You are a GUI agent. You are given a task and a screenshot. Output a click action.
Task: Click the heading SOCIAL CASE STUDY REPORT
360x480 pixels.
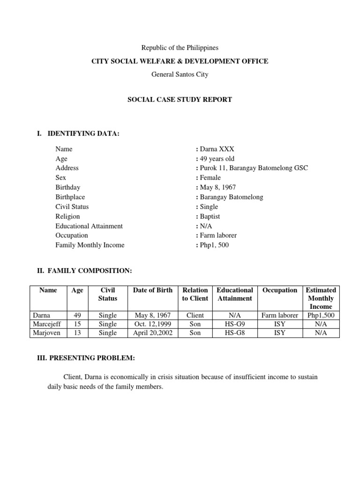[180, 99]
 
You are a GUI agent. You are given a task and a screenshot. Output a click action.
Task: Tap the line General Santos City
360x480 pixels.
[180, 74]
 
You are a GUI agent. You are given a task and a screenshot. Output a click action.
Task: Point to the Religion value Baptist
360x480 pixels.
[210, 217]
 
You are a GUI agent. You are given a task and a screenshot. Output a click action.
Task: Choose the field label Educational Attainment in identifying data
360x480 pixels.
[89, 226]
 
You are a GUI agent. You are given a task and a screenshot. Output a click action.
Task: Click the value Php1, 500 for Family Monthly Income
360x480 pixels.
[214, 245]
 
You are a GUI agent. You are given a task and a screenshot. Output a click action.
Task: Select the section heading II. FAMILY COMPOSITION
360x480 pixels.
[84, 271]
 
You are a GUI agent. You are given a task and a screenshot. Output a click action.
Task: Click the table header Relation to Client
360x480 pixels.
[195, 294]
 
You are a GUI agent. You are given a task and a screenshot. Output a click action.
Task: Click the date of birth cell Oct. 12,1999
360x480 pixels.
[153, 324]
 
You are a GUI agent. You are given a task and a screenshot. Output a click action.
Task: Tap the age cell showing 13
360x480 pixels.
[77, 333]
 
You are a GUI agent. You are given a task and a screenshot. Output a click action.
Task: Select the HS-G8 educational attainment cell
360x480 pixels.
[234, 333]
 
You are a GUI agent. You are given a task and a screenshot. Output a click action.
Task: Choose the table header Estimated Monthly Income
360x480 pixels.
[321, 298]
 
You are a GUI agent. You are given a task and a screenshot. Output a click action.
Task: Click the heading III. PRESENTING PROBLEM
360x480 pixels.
[86, 358]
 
